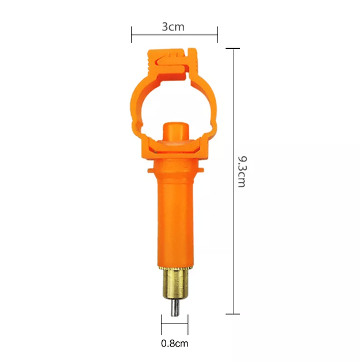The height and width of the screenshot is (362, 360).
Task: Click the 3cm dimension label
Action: (173, 27)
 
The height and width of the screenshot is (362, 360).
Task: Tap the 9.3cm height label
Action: (242, 172)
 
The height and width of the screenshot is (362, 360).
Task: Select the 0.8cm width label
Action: (175, 344)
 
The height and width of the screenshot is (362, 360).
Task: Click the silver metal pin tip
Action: (175, 308)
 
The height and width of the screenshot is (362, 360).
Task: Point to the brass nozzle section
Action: (175, 284)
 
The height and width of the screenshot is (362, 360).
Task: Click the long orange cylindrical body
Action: (175, 222)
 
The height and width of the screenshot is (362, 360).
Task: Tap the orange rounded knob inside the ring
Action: (176, 131)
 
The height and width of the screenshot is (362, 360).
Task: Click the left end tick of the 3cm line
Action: (132, 34)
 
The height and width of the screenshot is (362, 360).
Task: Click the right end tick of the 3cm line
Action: (217, 34)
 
